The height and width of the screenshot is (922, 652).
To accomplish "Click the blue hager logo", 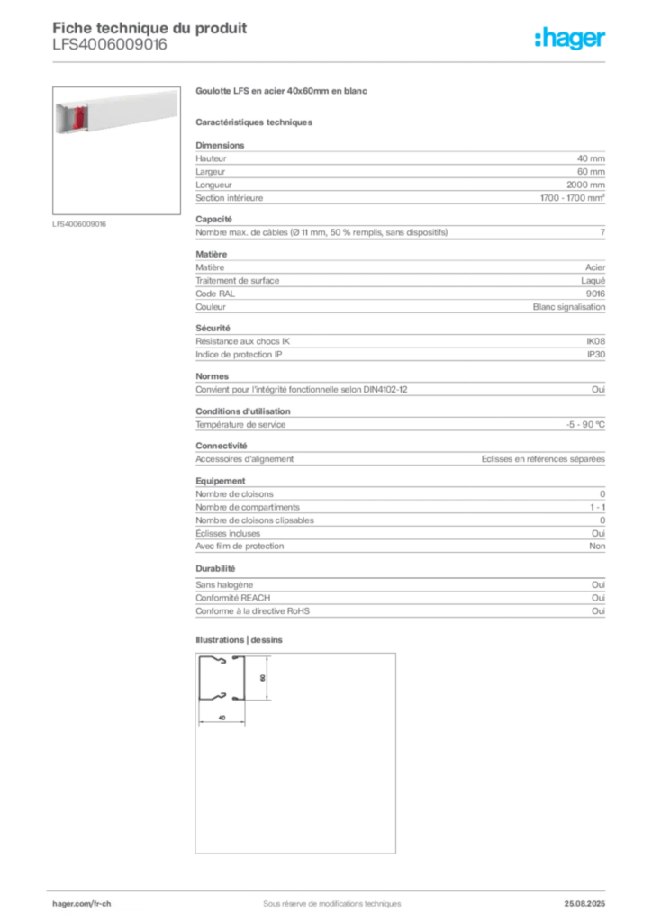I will coord(571,40).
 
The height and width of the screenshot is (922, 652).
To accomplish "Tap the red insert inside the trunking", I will coord(78,118).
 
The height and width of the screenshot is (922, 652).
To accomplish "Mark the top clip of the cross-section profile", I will coord(222,663).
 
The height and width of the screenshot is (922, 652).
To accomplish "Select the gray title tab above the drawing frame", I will coord(241,641).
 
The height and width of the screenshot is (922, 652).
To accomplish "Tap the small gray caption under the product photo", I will coord(79,223).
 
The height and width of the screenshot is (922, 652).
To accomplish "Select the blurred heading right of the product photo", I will coord(284,92).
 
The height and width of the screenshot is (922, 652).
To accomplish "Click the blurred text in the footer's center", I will coord(324,897).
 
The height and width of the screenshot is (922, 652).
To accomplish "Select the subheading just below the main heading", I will coord(256,122).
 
